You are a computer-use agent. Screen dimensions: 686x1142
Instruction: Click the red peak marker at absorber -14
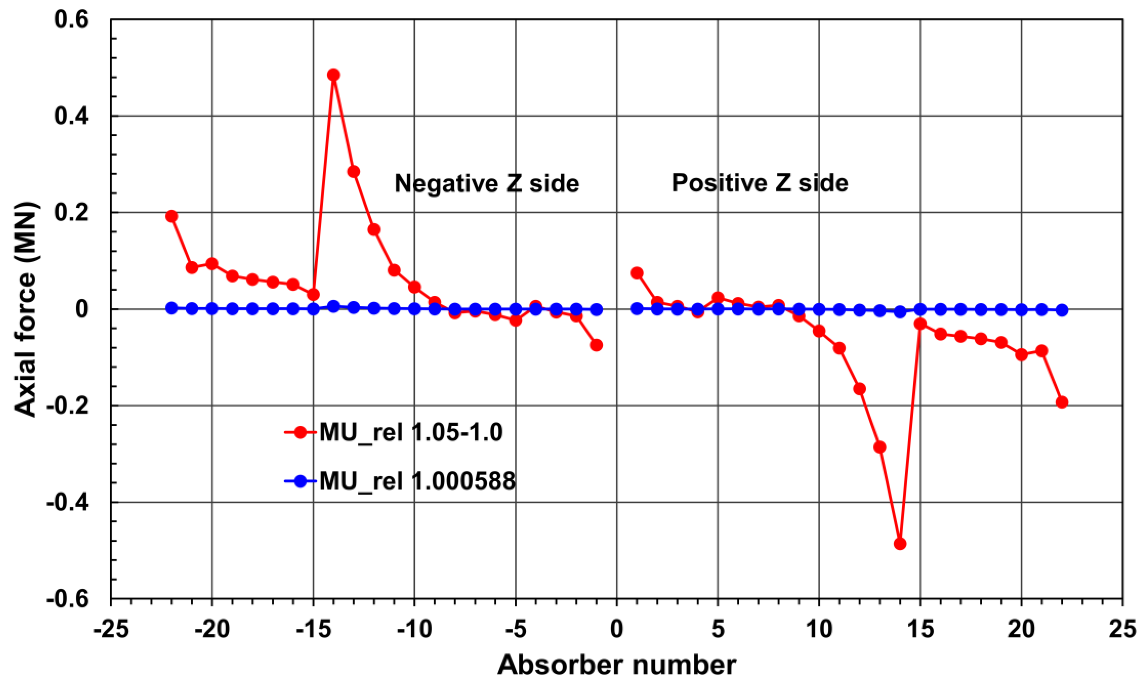[x=333, y=75]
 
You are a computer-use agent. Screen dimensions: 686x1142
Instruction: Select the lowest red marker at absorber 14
[x=900, y=544]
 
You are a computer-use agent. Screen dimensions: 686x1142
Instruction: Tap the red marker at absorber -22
[x=172, y=216]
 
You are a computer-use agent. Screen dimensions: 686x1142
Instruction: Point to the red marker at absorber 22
[x=1062, y=402]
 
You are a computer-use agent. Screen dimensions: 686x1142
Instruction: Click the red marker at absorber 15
[x=920, y=324]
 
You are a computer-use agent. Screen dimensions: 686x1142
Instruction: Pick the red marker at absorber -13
[x=354, y=172]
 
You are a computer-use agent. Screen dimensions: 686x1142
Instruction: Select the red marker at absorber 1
[x=637, y=273]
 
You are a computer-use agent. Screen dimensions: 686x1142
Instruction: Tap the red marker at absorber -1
[x=597, y=345]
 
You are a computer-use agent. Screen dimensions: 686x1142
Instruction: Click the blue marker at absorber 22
[x=1062, y=310]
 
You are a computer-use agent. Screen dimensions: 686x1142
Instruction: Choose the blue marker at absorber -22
[x=172, y=308]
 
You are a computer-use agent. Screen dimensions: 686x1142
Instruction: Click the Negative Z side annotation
[x=487, y=184]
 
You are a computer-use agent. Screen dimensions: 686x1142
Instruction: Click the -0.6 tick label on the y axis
[x=68, y=599]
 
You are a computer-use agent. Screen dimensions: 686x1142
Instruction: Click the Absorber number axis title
[x=616, y=666]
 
